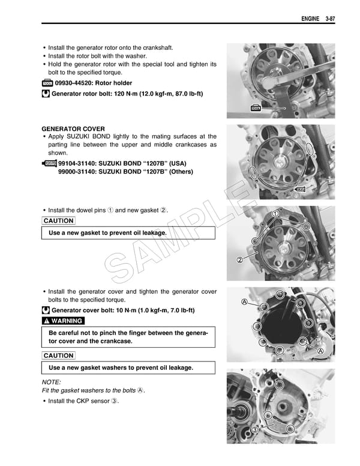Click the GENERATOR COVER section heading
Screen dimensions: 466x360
[x=73, y=129]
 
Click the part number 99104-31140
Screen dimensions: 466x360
[x=79, y=163]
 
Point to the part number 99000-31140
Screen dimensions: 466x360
[x=79, y=171]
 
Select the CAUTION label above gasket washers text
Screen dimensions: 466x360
[x=58, y=356]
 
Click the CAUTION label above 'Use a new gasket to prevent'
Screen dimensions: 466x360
[x=58, y=220]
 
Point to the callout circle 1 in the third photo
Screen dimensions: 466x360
[x=275, y=214]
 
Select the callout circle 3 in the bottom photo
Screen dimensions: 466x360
[x=255, y=430]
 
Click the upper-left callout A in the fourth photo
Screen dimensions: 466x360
[x=244, y=301]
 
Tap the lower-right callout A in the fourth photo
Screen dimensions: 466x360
[x=320, y=351]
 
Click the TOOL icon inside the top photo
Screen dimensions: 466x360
[x=255, y=108]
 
